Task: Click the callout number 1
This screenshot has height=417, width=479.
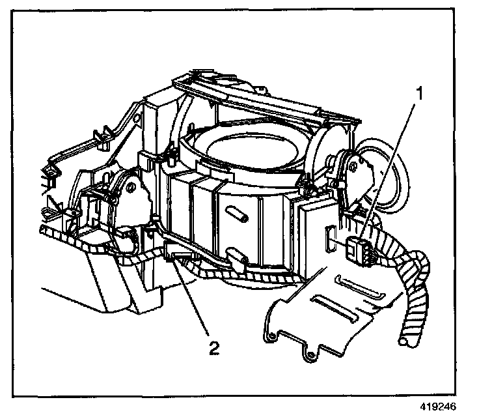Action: pyautogui.click(x=420, y=93)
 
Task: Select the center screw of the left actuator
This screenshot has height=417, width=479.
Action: pyautogui.click(x=133, y=188)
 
